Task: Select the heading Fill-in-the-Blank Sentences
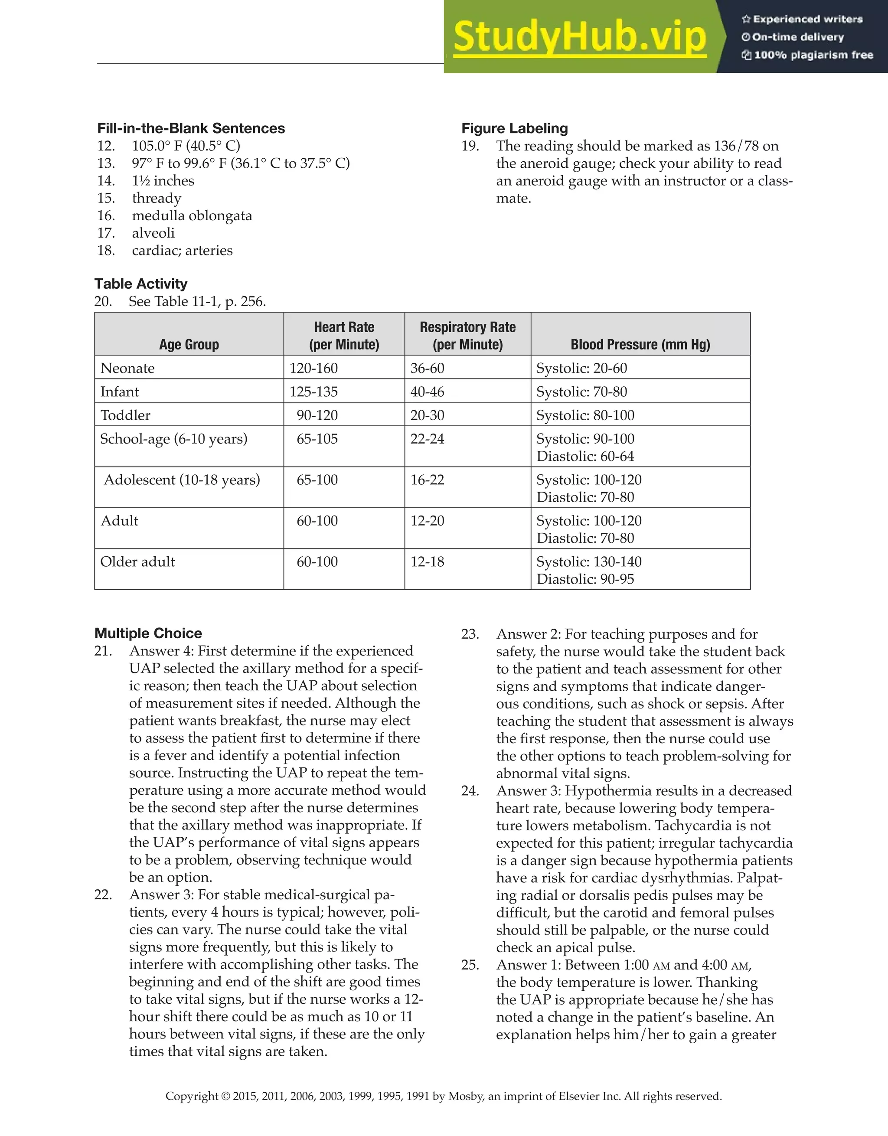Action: tap(191, 128)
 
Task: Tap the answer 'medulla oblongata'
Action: tap(192, 215)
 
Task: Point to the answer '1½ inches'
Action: tap(163, 180)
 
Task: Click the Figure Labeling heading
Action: tap(515, 128)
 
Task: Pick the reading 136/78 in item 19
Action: tap(737, 146)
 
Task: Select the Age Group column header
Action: tap(189, 344)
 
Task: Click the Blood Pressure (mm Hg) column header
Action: tap(640, 344)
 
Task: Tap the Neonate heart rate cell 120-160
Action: tap(313, 368)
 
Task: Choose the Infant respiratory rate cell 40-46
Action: tap(427, 392)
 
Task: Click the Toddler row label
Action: tap(125, 415)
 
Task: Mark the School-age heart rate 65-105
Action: tap(317, 438)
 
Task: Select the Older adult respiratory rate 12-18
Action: tap(427, 562)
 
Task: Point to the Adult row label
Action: tap(120, 521)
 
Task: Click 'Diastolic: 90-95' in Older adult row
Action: tap(585, 579)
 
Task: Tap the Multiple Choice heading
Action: tap(148, 633)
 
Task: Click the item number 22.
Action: tap(103, 894)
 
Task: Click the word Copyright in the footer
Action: tap(192, 1096)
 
